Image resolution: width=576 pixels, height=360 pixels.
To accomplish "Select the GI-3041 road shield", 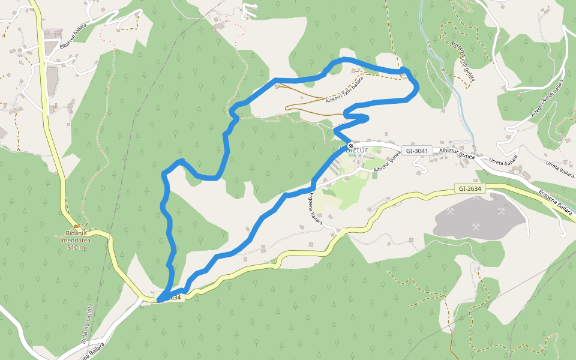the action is point(418,150).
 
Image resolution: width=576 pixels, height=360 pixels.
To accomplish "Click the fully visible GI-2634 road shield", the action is point(469,188).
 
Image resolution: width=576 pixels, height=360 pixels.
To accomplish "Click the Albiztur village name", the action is point(355,150).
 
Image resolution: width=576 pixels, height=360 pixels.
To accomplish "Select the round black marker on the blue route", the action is point(350,145).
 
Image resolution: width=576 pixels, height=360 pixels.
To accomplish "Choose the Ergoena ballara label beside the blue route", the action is point(316,208).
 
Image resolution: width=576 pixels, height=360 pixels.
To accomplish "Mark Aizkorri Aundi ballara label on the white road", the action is point(547,98).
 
